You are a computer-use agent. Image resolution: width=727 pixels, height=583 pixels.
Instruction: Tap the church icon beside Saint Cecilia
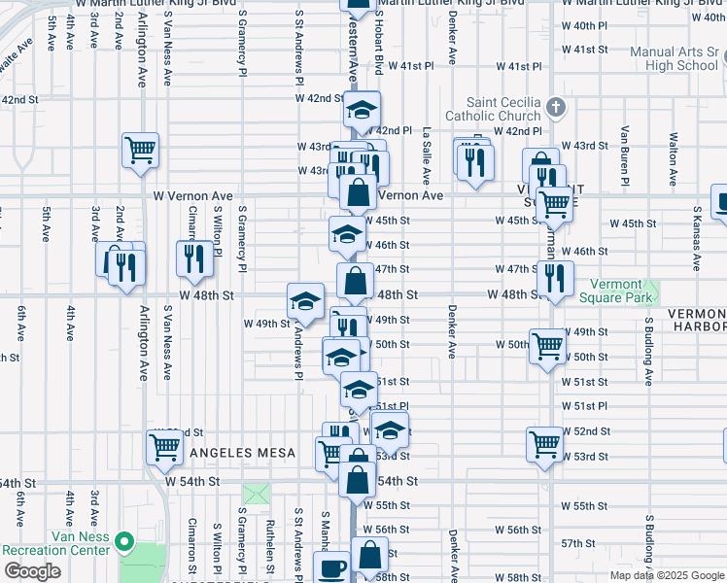click(555, 106)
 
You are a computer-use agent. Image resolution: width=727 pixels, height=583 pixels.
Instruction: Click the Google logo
click(32, 571)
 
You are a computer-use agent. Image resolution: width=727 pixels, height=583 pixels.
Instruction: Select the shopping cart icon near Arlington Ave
click(140, 151)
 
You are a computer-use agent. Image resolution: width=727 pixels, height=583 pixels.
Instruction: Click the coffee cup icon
click(333, 567)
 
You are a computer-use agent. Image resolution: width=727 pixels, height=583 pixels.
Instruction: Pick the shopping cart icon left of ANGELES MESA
click(164, 448)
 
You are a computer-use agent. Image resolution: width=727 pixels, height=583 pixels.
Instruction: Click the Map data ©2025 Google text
click(666, 575)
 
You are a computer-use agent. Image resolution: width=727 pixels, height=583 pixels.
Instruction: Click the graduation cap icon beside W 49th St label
click(305, 300)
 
